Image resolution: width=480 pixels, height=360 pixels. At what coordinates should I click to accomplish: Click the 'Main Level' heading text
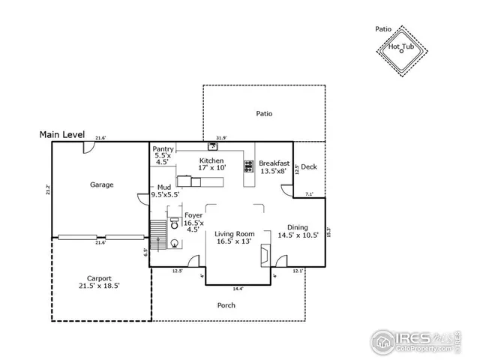(64, 135)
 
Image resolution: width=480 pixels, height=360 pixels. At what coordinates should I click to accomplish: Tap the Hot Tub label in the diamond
(401, 46)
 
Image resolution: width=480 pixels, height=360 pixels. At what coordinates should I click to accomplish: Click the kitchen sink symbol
(212, 147)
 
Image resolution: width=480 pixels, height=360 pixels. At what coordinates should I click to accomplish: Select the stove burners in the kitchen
(247, 166)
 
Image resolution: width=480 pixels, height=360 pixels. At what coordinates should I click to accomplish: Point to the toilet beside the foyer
(174, 224)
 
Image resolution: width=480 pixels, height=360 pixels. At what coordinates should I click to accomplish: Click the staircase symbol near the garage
(157, 236)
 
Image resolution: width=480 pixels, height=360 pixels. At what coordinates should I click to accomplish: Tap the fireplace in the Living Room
(264, 254)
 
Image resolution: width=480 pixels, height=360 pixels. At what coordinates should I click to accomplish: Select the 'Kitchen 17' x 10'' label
(211, 164)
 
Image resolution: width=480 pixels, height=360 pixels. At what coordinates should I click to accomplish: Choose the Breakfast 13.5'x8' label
(273, 167)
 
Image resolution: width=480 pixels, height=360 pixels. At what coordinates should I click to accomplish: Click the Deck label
(308, 167)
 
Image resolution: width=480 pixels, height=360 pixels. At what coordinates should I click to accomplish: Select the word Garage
(102, 184)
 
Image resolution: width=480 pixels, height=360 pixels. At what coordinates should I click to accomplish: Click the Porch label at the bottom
(226, 305)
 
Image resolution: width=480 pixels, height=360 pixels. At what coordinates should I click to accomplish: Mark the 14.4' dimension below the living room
(238, 289)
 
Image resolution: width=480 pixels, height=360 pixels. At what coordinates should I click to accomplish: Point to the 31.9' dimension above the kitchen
(220, 137)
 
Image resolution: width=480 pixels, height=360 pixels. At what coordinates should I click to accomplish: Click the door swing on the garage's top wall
(89, 148)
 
